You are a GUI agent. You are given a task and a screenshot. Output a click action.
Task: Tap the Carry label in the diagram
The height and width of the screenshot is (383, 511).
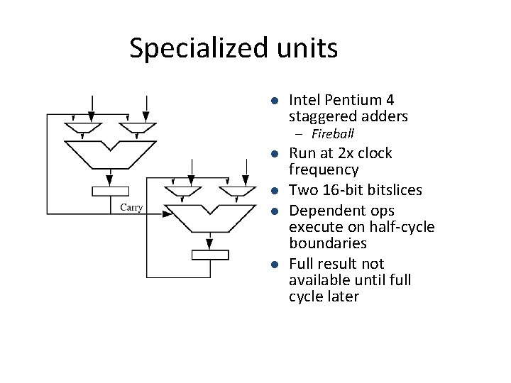click(131, 207)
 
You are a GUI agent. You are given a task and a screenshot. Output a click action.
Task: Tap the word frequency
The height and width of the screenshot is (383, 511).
click(324, 170)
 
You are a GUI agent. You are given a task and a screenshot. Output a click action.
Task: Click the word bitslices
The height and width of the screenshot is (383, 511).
click(395, 190)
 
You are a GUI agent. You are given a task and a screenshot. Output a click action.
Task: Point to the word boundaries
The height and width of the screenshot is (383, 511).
click(328, 243)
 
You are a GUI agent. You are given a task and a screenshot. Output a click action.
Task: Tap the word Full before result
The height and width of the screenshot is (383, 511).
click(302, 264)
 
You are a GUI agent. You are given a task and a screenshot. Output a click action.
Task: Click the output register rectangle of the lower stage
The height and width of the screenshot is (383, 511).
click(210, 255)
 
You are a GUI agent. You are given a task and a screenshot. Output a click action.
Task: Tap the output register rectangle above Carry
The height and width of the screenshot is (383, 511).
click(110, 191)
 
